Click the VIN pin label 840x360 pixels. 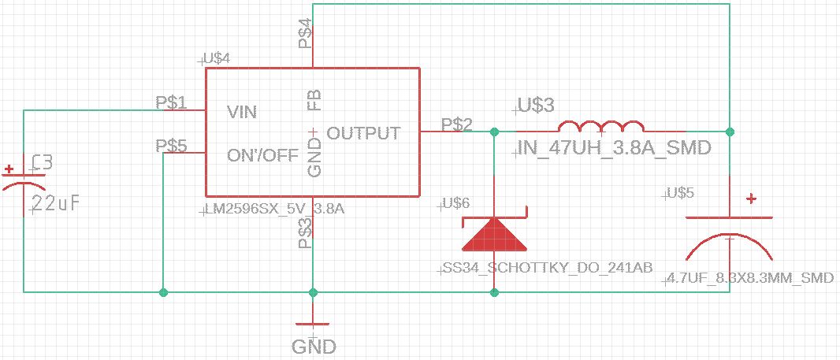point(242,113)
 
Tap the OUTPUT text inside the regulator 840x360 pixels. point(363,133)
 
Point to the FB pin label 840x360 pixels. point(314,100)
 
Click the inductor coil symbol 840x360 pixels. point(601,127)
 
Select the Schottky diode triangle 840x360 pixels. point(494,234)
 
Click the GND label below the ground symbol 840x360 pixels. point(314,347)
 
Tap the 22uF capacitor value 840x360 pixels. point(55,204)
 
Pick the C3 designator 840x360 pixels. point(41,163)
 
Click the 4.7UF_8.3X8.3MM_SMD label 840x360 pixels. point(749,278)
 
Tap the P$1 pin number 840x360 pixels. point(171,102)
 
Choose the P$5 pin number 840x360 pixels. point(171,146)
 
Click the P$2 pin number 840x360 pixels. point(457,124)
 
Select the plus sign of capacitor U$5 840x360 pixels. point(752,199)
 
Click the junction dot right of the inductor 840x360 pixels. point(730,131)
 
